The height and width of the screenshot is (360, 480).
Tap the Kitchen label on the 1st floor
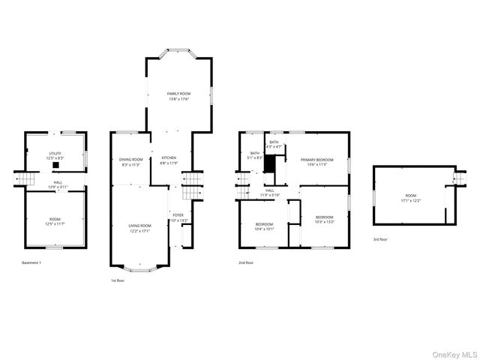coord(169,160)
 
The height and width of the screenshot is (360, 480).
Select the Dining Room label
coord(131,162)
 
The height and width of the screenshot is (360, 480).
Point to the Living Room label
coord(140,229)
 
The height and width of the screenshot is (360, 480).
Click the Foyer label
coord(177,218)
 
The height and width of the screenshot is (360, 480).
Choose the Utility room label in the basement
coord(55,156)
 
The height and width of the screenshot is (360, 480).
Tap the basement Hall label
coord(56,184)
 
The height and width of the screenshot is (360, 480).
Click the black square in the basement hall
coord(56,168)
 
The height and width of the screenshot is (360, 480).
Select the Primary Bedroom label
coord(316,162)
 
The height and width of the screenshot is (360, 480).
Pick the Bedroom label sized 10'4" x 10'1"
coord(265,227)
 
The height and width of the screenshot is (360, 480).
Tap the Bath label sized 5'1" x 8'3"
coord(255,156)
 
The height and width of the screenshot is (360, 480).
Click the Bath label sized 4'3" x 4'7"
coord(274,145)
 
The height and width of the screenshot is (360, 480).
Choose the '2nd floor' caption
coord(246,263)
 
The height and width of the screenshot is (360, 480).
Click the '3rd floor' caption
coord(381,239)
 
